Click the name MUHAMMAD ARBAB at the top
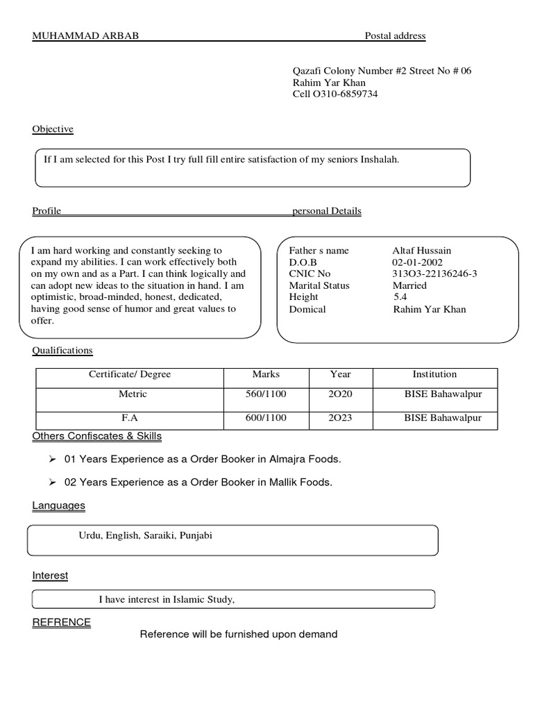coord(85,36)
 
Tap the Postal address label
coord(395,36)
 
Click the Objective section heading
coord(53,129)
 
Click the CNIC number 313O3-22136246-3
coord(434,274)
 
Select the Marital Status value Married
coord(409,285)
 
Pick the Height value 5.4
coord(400,297)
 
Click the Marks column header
coord(266,375)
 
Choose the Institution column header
coord(434,375)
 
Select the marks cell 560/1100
coord(266,394)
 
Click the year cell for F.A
coord(340,418)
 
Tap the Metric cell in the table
coord(133,394)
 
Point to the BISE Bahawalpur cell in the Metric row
coord(443,394)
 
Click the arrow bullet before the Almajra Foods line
coord(52,460)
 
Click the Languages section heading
coord(59,506)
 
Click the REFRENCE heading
coord(62,622)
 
